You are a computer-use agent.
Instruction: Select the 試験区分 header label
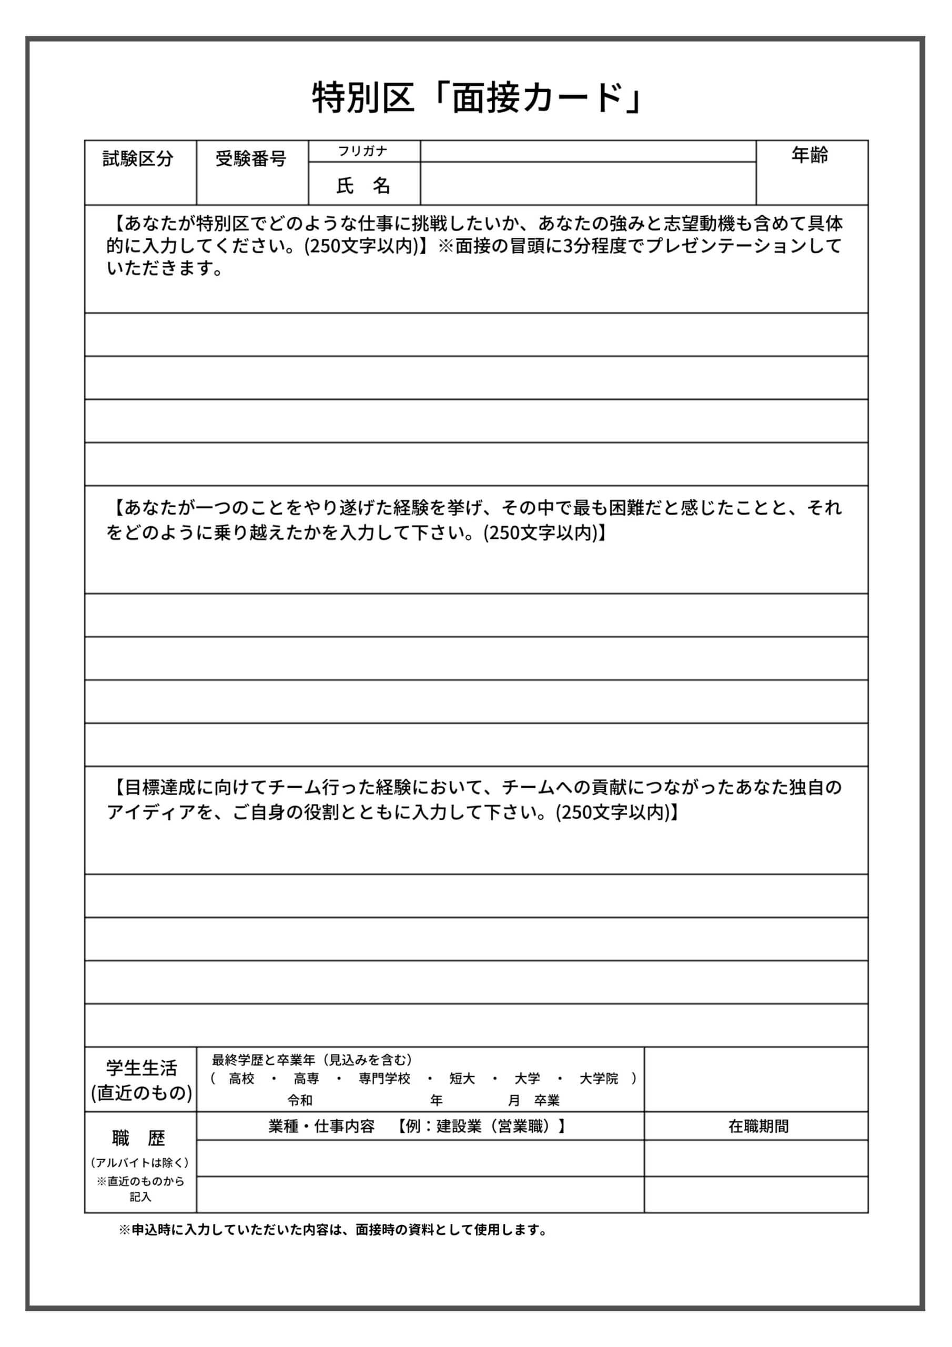[138, 158]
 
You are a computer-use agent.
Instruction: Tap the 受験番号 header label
[250, 158]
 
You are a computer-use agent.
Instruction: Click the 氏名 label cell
[363, 185]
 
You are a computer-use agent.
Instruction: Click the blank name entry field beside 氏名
[588, 184]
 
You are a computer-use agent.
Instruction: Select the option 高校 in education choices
[241, 1079]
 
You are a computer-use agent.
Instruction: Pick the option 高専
[306, 1079]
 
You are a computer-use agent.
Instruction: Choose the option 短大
[462, 1079]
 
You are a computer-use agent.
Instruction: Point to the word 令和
[300, 1101]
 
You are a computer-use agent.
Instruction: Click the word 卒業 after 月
[546, 1101]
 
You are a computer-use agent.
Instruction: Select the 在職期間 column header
[758, 1127]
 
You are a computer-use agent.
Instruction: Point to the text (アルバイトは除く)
[140, 1163]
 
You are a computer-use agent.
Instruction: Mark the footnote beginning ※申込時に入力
[332, 1230]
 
